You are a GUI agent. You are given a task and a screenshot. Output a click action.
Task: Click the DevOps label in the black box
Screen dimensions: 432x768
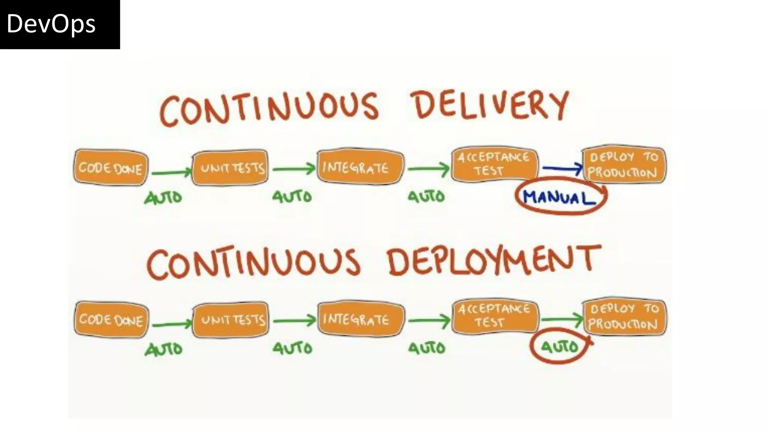51,24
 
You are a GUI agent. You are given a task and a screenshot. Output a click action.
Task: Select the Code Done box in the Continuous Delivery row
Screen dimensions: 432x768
111,167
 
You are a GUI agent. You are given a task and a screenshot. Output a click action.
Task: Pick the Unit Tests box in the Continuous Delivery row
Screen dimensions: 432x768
230,167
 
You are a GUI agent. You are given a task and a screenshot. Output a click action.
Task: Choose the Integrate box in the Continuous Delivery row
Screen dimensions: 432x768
360,167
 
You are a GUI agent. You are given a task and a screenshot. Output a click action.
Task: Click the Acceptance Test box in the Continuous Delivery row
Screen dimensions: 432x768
494,164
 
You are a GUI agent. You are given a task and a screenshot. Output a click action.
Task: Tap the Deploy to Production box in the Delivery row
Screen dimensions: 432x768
624,165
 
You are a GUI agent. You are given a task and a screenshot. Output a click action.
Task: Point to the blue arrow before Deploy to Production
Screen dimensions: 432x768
561,169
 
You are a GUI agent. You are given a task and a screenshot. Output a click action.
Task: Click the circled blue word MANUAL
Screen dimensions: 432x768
559,197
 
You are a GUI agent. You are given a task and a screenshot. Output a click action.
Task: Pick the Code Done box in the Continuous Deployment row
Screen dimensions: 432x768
111,319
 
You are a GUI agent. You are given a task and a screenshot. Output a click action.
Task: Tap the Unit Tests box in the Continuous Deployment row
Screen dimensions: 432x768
231,319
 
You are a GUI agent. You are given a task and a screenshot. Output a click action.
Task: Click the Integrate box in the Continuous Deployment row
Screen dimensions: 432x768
361,319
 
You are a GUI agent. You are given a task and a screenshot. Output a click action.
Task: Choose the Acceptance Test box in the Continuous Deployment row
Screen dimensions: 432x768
495,316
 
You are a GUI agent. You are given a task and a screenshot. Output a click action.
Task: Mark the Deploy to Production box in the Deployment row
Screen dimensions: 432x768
624,317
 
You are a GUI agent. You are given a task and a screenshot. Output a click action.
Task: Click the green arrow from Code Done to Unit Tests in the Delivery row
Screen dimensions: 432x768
171,172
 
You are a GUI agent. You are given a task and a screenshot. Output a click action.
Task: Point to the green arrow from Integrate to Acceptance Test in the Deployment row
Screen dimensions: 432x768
429,320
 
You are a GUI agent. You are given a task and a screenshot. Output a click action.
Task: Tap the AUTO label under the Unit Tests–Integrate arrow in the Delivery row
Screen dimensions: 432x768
292,196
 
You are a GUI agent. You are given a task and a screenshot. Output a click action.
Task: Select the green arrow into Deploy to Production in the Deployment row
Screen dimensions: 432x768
562,319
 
